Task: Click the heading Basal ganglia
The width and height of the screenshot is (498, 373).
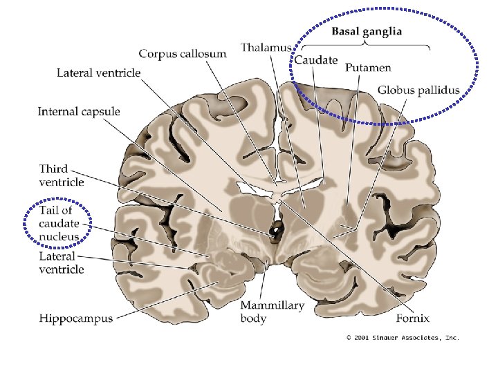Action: pyautogui.click(x=367, y=32)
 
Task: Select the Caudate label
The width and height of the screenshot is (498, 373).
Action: pyautogui.click(x=316, y=60)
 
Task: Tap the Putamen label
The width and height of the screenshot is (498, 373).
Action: pyautogui.click(x=369, y=68)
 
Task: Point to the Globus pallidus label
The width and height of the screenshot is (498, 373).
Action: pyautogui.click(x=418, y=90)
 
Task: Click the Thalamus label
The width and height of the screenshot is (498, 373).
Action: pyautogui.click(x=266, y=48)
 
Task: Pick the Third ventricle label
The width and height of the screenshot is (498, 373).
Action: pyautogui.click(x=62, y=175)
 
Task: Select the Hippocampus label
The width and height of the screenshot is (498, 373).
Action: pyautogui.click(x=75, y=318)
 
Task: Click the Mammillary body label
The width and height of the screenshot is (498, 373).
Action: pyautogui.click(x=272, y=312)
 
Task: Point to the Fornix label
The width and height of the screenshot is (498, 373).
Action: pyautogui.click(x=414, y=318)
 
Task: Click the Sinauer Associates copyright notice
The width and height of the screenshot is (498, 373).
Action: pyautogui.click(x=403, y=338)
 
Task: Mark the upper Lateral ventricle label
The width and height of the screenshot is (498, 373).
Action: pyautogui.click(x=98, y=72)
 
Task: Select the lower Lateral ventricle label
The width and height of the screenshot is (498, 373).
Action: pyautogui.click(x=62, y=263)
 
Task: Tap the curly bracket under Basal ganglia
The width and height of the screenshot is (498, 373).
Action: pyautogui.click(x=366, y=46)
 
